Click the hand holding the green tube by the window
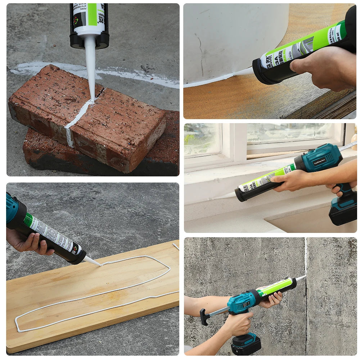(290, 180)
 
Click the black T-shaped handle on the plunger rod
(204, 317)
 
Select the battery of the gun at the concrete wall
(246, 344)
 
